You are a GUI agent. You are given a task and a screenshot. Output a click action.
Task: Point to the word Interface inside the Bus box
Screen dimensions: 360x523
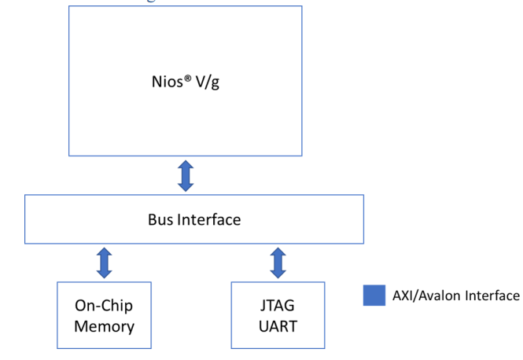[209, 219]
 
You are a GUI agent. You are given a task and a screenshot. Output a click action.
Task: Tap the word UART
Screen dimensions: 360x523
[277, 325]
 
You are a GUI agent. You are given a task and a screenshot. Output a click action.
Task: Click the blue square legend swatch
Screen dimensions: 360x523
[374, 296]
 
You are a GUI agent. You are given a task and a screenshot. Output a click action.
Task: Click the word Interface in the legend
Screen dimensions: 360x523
[492, 296]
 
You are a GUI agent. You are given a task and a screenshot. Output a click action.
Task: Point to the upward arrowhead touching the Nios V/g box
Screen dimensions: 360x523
[186, 163]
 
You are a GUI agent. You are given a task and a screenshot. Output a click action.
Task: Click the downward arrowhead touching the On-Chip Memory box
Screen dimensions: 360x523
[104, 274]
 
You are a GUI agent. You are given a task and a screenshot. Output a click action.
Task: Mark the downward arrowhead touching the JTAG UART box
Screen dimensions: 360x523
[277, 274]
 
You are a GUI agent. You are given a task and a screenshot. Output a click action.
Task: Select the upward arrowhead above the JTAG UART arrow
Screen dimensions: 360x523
[277, 251]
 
